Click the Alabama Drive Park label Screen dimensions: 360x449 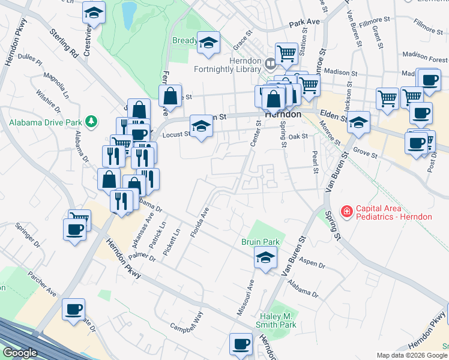pyautogui.click(x=45, y=122)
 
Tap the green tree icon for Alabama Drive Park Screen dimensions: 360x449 pyautogui.click(x=91, y=122)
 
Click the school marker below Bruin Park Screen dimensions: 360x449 pyautogui.click(x=264, y=259)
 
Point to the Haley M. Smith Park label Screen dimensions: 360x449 pyautogui.click(x=279, y=320)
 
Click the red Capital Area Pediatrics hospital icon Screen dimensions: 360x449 pyautogui.click(x=346, y=211)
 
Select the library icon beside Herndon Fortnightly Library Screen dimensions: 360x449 pyautogui.click(x=271, y=62)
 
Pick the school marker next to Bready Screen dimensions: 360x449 pyautogui.click(x=209, y=43)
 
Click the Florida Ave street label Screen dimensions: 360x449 pyautogui.click(x=200, y=223)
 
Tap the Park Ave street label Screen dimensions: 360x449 pyautogui.click(x=304, y=23)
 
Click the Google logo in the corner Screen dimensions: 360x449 pyautogui.click(x=20, y=353)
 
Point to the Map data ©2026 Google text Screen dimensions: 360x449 pyautogui.click(x=411, y=355)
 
